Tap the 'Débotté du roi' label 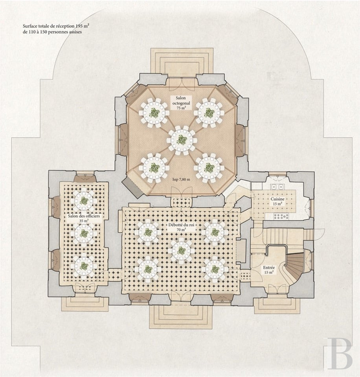click(x=181, y=225)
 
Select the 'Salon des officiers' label click(x=83, y=216)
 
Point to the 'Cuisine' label click(x=277, y=199)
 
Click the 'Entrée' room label click(x=269, y=267)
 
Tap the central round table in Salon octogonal click(x=182, y=140)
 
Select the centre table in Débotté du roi click(x=181, y=251)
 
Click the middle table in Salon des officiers click(x=84, y=233)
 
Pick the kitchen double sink click(x=277, y=187)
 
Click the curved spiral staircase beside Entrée click(x=294, y=268)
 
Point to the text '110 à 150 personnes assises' click(x=55, y=32)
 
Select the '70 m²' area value click(x=181, y=230)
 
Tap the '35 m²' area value click(x=83, y=220)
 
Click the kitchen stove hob click(x=281, y=216)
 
